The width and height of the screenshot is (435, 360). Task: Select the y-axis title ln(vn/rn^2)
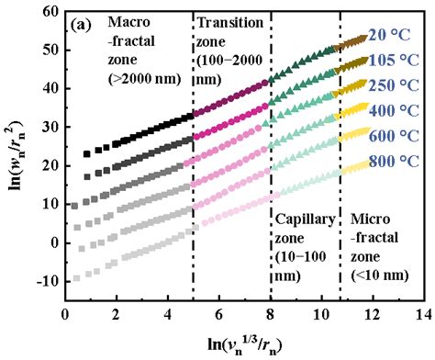tap(15, 156)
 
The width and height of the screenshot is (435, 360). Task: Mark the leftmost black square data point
tap(86, 154)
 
